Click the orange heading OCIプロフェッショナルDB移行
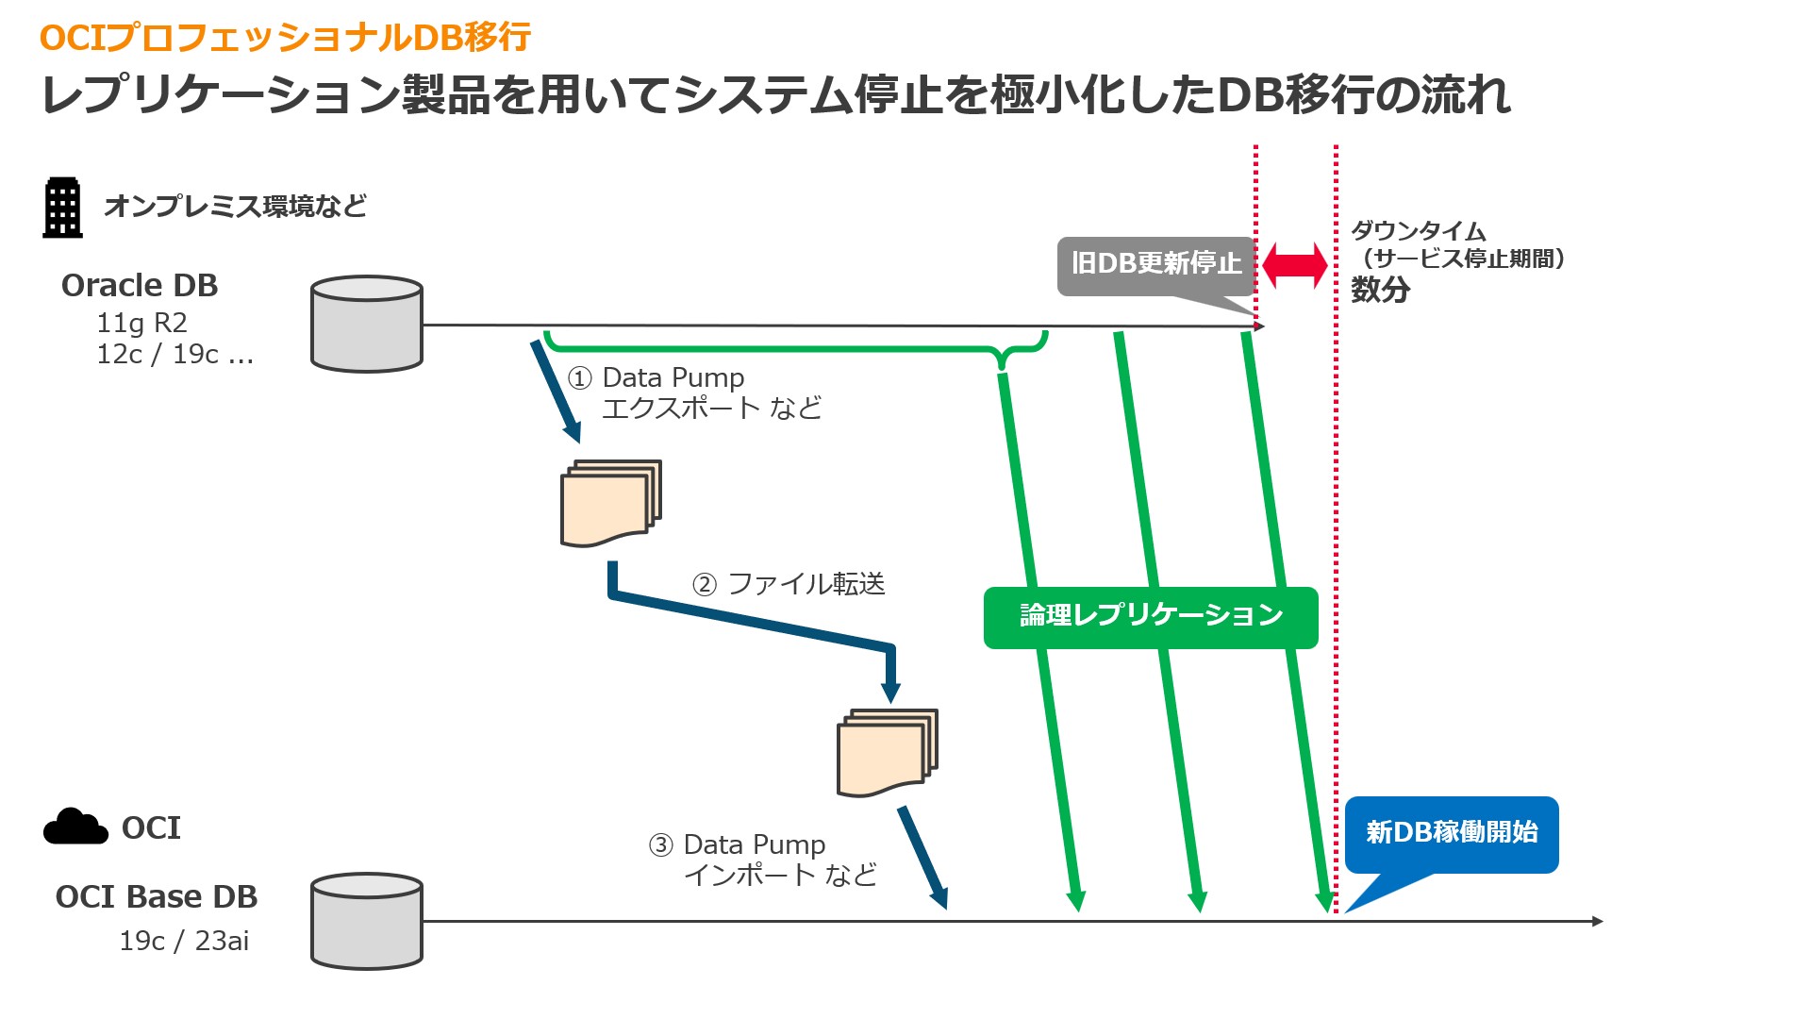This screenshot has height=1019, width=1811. pyautogui.click(x=285, y=38)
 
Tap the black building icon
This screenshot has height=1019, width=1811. pyautogui.click(x=63, y=208)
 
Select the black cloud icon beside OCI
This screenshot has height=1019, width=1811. pyautogui.click(x=75, y=827)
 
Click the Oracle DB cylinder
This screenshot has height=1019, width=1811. pyautogui.click(x=367, y=324)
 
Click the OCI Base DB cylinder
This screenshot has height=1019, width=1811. pyautogui.click(x=367, y=921)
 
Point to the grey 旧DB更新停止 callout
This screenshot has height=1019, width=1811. pyautogui.click(x=1155, y=264)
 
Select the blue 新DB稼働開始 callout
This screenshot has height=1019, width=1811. pyautogui.click(x=1451, y=833)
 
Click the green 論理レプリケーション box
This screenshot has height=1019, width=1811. pyautogui.click(x=1151, y=617)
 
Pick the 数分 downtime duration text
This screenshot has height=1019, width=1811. pyautogui.click(x=1380, y=290)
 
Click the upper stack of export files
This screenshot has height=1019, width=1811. pyautogui.click(x=610, y=503)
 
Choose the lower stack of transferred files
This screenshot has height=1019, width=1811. pyautogui.click(x=887, y=752)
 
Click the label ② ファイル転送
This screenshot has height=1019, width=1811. pyautogui.click(x=789, y=584)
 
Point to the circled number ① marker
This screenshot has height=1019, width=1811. pyautogui.click(x=579, y=378)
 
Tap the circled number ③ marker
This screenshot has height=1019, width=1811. pyautogui.click(x=660, y=844)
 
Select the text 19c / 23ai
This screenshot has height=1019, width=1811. pyautogui.click(x=184, y=941)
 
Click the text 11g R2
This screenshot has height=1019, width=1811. pyautogui.click(x=141, y=323)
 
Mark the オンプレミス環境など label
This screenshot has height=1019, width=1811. pyautogui.click(x=235, y=206)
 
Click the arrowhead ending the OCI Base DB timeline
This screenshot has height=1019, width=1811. pyautogui.click(x=1597, y=921)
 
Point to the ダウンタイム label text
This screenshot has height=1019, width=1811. pyautogui.click(x=1418, y=231)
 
